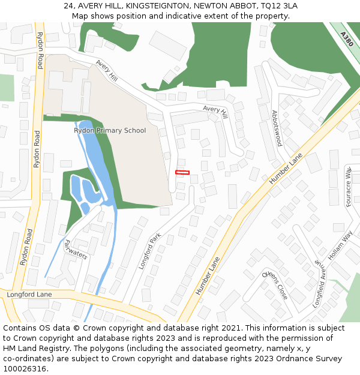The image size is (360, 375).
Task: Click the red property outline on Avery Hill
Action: click(182, 173)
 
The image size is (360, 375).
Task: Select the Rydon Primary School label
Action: click(110, 130)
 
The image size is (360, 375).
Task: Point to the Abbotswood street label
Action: click(277, 128)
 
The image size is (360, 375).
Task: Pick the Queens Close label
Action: click(275, 285)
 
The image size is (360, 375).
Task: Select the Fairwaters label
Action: click(76, 250)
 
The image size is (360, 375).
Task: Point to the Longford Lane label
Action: click(29, 295)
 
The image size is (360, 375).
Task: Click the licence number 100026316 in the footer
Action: click(24, 369)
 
